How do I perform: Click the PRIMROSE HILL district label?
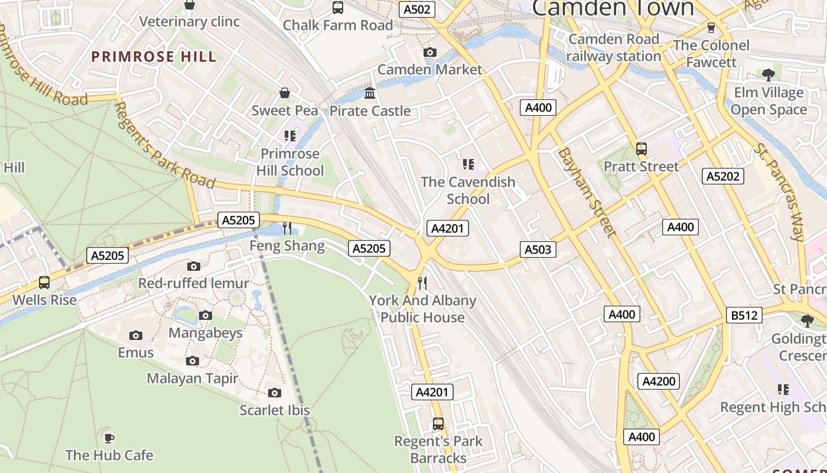click(154, 57)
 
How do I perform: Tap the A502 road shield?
click(417, 9)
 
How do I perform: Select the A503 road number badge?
click(538, 250)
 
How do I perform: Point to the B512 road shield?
click(744, 315)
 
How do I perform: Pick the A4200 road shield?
click(659, 381)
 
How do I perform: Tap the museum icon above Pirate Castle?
click(370, 93)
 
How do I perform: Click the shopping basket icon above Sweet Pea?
click(285, 93)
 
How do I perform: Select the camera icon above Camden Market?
click(430, 53)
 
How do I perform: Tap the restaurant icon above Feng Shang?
click(287, 228)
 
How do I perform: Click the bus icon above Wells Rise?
click(44, 283)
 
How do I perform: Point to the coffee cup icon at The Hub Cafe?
click(109, 438)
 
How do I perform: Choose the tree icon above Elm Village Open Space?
click(768, 75)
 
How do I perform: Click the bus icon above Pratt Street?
click(642, 149)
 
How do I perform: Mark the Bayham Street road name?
click(587, 192)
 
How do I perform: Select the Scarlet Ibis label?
click(275, 410)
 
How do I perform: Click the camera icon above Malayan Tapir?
click(192, 361)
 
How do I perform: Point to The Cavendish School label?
click(468, 190)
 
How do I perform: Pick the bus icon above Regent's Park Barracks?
click(438, 423)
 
